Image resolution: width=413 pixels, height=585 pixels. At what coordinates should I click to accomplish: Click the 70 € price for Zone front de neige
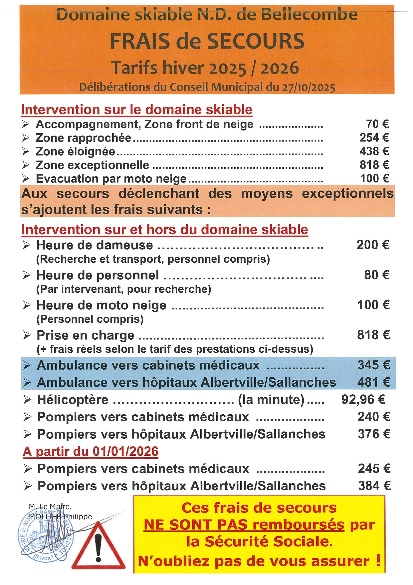(377, 124)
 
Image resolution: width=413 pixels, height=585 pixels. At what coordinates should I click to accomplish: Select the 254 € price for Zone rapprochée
(374, 138)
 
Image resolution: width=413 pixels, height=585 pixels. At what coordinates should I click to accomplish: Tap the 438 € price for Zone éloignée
(374, 151)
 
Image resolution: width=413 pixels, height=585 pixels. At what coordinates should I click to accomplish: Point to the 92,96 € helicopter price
(363, 399)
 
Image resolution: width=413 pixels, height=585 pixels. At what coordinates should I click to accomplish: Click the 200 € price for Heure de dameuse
(373, 245)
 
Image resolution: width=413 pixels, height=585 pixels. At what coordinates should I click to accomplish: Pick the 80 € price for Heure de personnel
(376, 275)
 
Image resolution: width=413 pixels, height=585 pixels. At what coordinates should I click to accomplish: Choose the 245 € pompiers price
(374, 469)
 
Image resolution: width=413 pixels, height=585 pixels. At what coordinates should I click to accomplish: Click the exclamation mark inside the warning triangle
(98, 547)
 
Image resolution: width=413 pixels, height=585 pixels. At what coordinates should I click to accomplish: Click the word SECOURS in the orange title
(256, 41)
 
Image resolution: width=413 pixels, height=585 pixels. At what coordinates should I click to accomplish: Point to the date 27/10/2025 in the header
(309, 87)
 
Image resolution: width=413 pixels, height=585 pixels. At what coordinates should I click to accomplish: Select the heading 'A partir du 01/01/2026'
(91, 452)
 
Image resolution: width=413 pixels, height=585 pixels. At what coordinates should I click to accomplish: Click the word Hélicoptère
(73, 400)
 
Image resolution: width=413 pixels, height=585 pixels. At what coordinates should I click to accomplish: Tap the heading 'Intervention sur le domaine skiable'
(136, 110)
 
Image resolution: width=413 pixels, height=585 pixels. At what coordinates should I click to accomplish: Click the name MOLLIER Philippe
(60, 516)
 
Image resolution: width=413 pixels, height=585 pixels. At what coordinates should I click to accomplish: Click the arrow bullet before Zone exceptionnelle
(26, 165)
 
